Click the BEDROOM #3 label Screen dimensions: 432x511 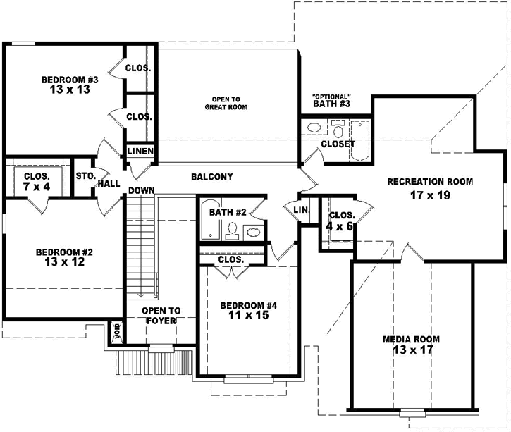(69, 80)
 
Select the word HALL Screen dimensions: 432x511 (109, 183)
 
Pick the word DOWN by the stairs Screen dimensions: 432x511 (142, 191)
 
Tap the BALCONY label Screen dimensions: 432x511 (211, 177)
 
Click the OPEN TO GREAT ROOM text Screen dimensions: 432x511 (226, 103)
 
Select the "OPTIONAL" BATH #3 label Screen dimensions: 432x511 (332, 101)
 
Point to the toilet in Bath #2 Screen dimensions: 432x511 (232, 230)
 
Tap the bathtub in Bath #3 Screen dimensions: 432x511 (359, 138)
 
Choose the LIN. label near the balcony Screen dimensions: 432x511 (301, 210)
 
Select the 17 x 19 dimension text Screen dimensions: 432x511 (429, 195)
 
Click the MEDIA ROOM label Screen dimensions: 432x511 (412, 339)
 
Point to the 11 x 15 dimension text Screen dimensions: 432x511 (248, 316)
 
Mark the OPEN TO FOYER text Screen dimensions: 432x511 (161, 315)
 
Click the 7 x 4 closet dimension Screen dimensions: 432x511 (35, 187)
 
